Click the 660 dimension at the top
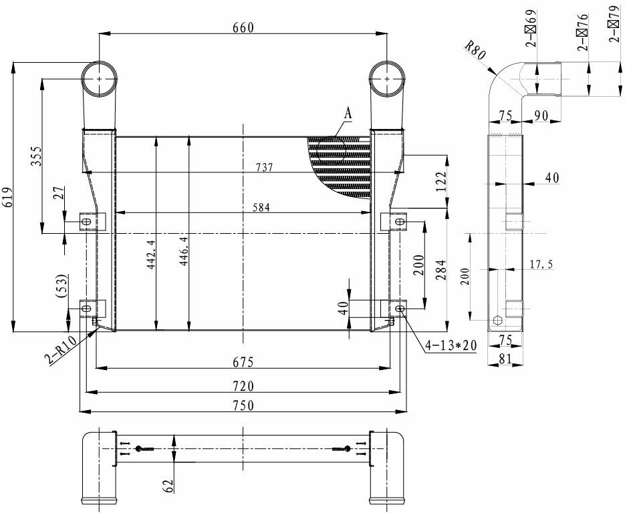point(243,27)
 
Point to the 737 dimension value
point(264,168)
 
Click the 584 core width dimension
point(261,208)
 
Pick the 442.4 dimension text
point(151,254)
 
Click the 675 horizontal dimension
point(243,362)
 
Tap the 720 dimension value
point(243,386)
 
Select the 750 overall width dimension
point(243,405)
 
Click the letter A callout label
point(348,114)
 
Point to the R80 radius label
point(475,51)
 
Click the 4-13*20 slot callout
point(452,345)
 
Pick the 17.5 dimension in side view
point(541,265)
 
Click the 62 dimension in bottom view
point(168,484)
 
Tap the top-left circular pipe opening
point(100,79)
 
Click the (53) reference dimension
point(62,285)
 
